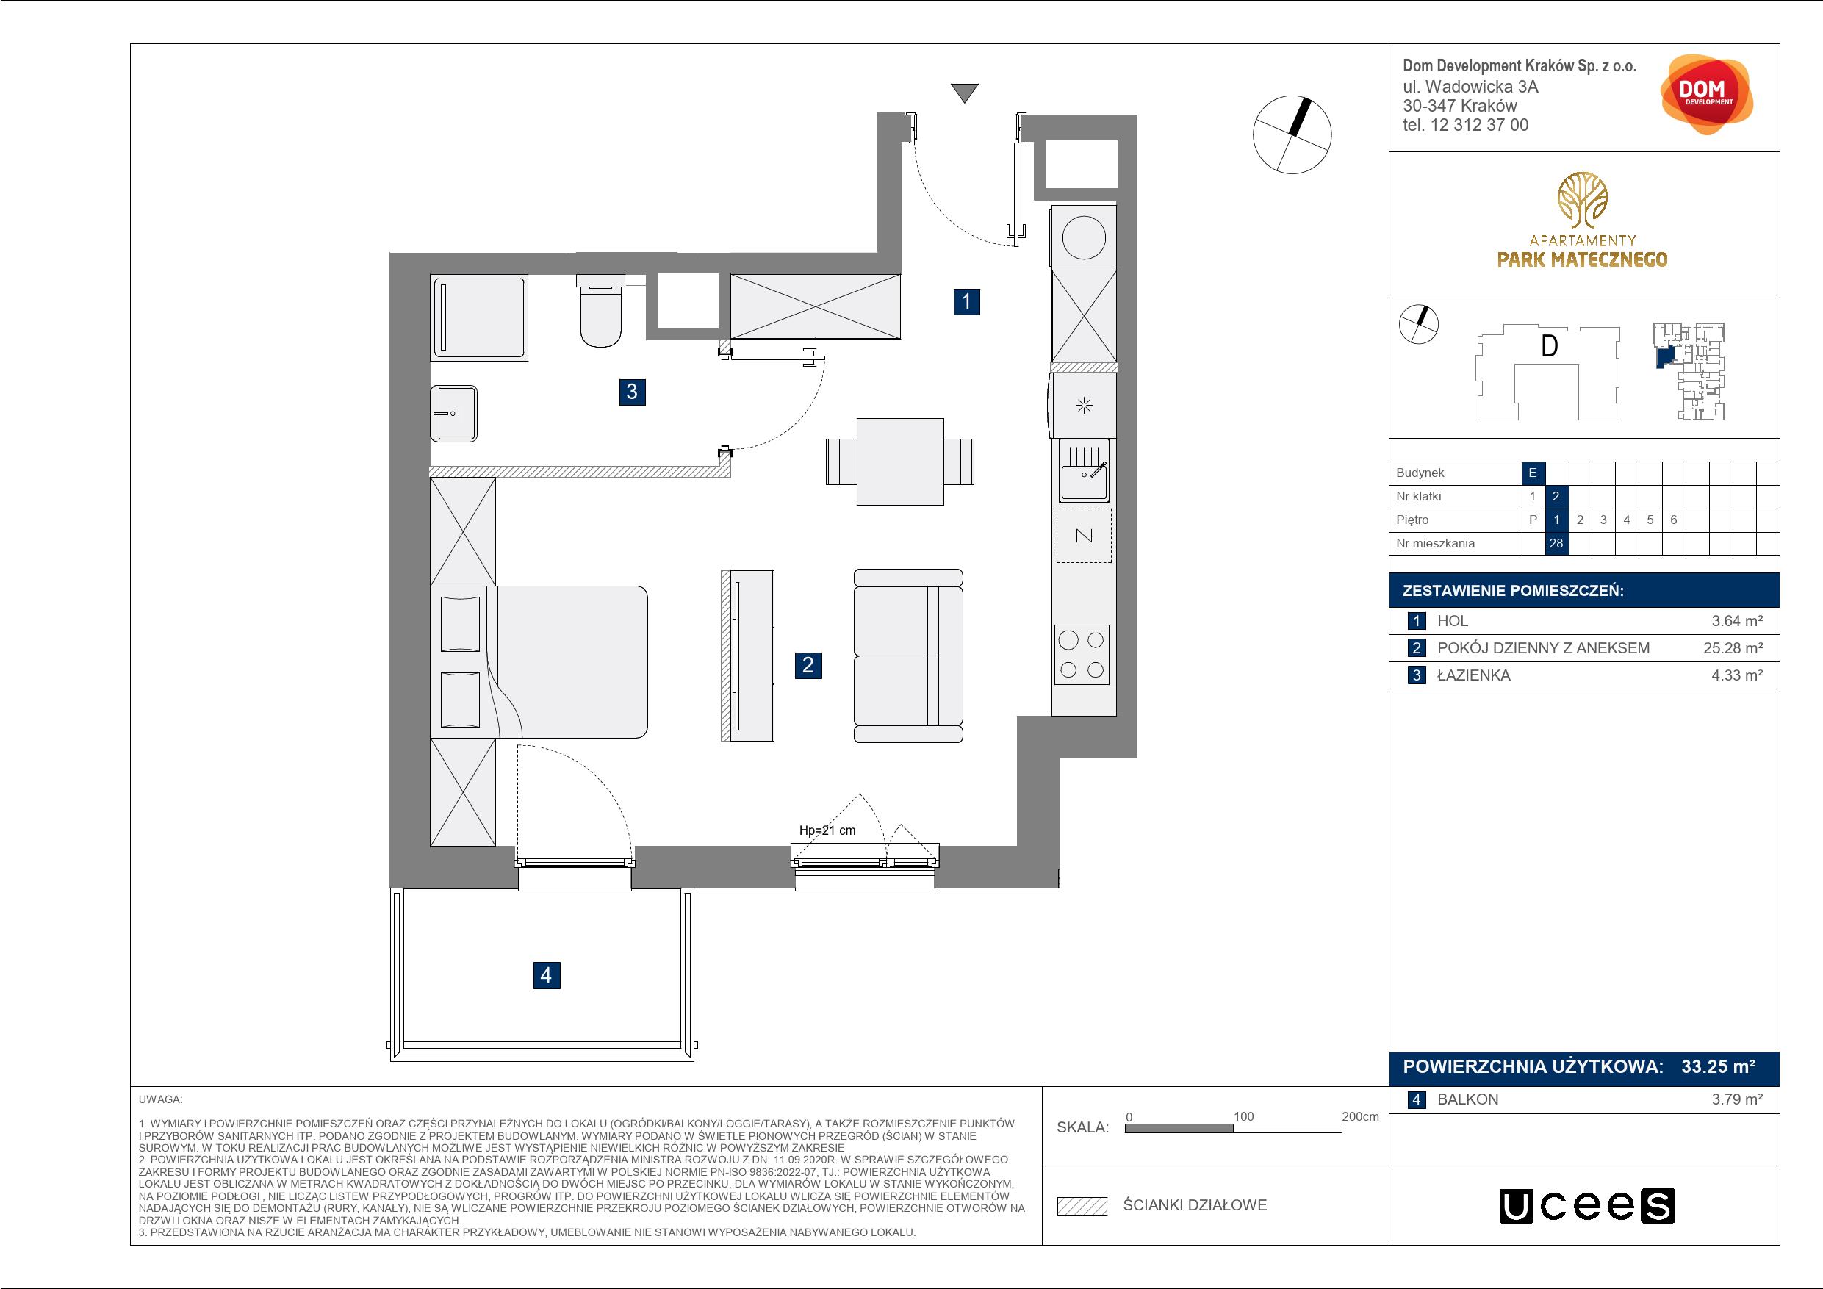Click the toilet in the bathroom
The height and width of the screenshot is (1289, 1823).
tap(601, 312)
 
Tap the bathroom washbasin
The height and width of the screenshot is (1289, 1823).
tap(453, 413)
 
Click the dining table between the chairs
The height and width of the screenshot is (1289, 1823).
tap(900, 462)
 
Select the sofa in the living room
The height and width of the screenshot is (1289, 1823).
tap(907, 656)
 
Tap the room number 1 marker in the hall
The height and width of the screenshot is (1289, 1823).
tap(966, 302)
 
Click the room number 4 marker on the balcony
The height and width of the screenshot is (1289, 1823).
tap(546, 974)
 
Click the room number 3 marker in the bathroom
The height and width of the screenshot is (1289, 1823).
tap(632, 392)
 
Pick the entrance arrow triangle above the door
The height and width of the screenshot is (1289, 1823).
tap(965, 93)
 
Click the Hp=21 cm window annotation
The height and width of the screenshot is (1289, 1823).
tap(827, 830)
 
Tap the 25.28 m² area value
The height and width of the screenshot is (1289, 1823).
tap(1733, 648)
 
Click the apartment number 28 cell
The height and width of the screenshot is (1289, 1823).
tap(1556, 543)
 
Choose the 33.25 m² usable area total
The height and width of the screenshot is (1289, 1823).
tap(1718, 1066)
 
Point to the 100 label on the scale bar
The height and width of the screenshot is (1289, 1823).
tap(1243, 1116)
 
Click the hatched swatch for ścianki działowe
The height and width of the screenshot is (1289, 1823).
tap(1082, 1206)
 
